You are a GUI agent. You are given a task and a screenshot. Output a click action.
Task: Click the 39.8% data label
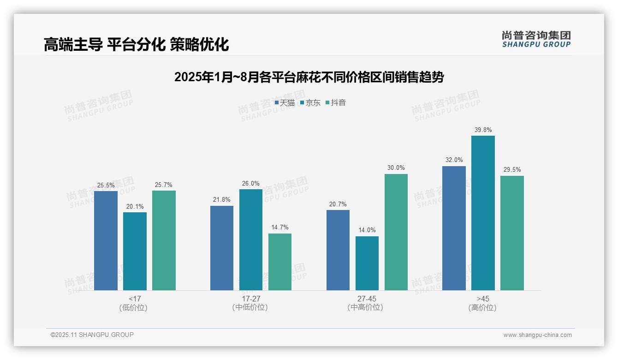pos(483,130)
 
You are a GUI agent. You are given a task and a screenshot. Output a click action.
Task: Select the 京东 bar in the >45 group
pos(483,213)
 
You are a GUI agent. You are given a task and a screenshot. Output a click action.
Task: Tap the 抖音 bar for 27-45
pos(396,232)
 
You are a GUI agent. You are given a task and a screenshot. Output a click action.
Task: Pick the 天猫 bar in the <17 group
pos(106,240)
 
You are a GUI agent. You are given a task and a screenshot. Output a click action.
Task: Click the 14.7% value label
pos(280,228)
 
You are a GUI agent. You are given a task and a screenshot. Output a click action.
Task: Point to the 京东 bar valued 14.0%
pos(367,263)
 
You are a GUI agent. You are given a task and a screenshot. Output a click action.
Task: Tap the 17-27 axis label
pos(251,299)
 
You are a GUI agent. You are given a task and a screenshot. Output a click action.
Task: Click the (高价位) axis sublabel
pos(483,308)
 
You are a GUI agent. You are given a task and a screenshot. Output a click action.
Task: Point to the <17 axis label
pos(135,299)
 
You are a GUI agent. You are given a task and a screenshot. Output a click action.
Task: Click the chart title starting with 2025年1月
pos(309,77)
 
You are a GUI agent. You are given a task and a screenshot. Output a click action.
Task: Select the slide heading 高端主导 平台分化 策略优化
pos(137,45)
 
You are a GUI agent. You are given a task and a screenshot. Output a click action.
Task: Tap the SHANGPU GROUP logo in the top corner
pos(536,39)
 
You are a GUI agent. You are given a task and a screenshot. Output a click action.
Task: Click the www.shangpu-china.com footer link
pos(537,335)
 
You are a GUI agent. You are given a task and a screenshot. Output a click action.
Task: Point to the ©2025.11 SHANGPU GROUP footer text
pos(92,335)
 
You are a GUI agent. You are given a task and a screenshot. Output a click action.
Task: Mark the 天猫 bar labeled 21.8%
pos(222,248)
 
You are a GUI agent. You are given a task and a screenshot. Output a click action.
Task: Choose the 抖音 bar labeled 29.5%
pos(512,233)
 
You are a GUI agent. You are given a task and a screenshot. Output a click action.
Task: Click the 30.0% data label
pos(396,168)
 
